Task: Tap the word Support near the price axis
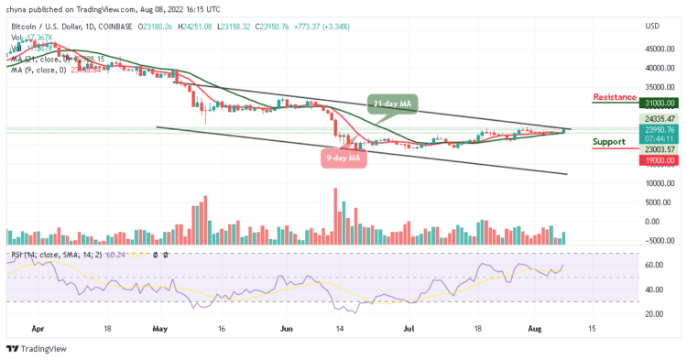[609, 142]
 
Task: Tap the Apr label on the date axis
[38, 326]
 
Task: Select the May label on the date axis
[161, 326]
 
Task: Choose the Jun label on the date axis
[287, 326]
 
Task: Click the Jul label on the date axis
[409, 326]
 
